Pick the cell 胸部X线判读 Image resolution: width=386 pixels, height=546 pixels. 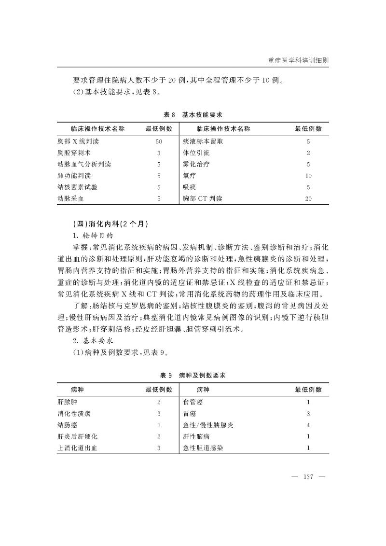(78, 142)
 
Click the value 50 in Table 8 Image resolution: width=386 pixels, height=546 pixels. (159, 142)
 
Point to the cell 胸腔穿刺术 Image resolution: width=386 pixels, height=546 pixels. (74, 153)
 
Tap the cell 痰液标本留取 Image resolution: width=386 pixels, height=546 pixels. (203, 142)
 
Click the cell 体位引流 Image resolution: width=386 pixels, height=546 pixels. (193, 153)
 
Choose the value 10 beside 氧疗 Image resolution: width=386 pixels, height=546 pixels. (308, 176)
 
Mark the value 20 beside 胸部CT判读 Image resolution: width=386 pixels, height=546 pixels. (308, 198)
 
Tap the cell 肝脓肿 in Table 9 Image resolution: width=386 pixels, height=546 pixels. (67, 402)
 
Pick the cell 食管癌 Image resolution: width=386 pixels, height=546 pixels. (193, 402)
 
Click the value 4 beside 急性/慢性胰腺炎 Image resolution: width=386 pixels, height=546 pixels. (308, 425)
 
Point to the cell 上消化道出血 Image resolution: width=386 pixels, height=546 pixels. (77, 448)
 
